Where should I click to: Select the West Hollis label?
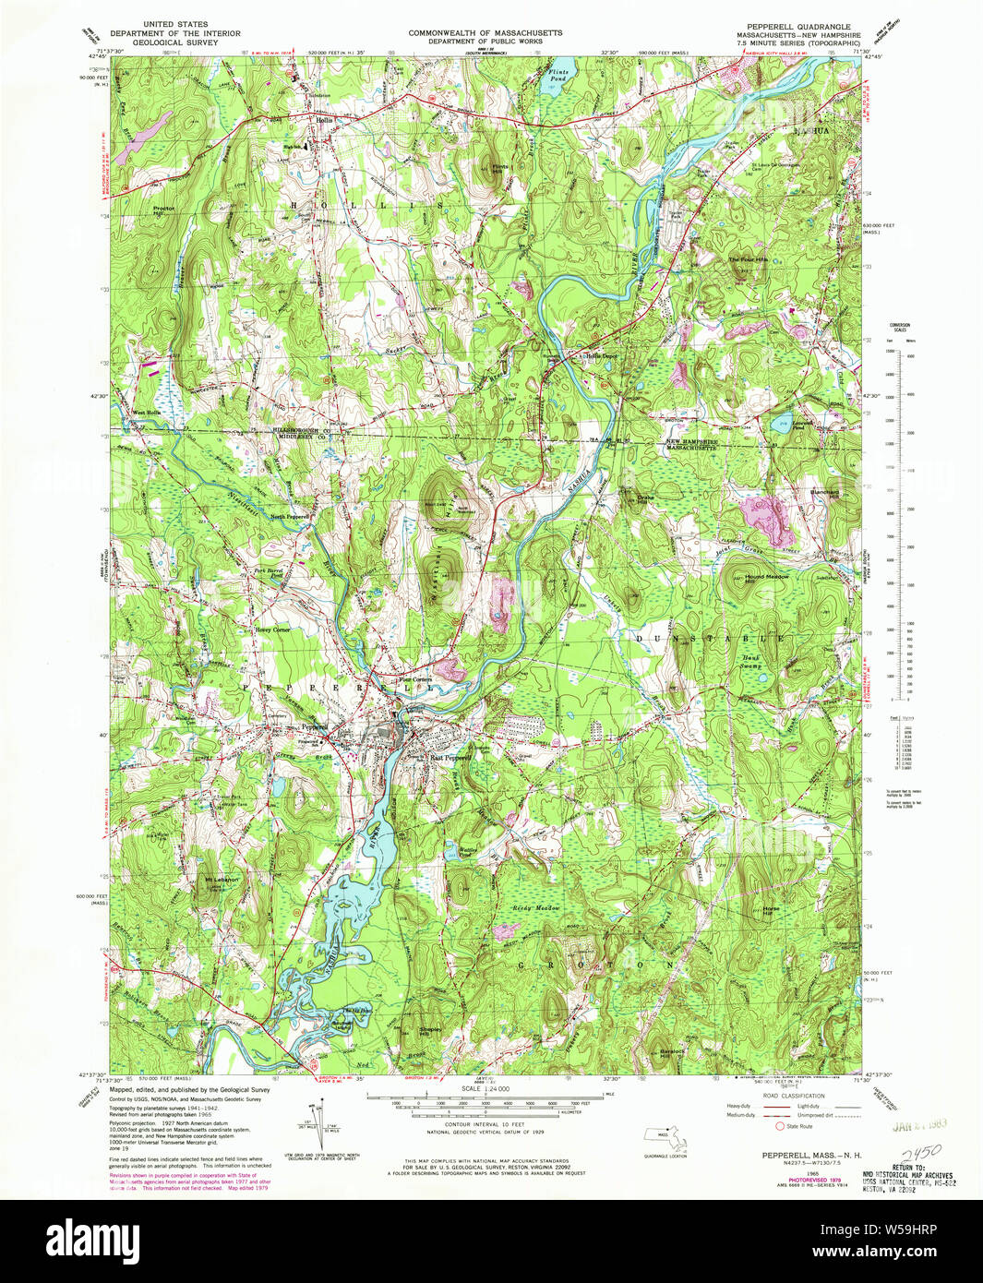(146, 413)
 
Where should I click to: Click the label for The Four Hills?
(748, 260)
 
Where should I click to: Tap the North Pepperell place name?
(289, 516)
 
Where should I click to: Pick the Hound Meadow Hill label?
(766, 578)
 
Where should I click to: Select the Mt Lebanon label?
(222, 879)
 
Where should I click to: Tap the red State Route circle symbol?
(780, 1126)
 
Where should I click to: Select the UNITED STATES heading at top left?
(174, 24)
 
